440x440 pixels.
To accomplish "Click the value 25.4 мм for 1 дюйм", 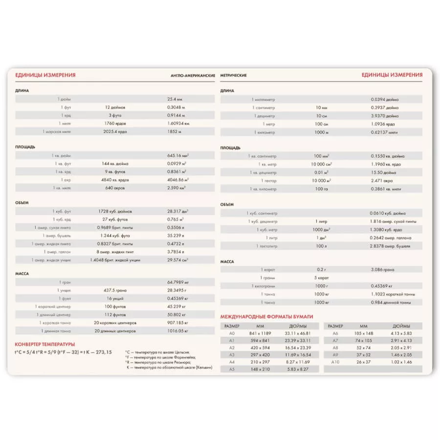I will [175, 99].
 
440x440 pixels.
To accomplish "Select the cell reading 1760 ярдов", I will [115, 123].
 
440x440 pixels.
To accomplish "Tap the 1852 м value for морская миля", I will [174, 132].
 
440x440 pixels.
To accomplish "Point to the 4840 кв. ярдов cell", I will [115, 179].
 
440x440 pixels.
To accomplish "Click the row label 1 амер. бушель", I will [59, 235].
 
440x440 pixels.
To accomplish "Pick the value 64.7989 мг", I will [178, 282].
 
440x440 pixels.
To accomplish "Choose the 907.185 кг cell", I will [177, 323].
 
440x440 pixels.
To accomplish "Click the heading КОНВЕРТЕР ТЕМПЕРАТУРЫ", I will [44, 344].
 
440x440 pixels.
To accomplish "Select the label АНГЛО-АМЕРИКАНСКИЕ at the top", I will [193, 75].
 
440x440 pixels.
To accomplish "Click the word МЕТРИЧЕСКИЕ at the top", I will [233, 75].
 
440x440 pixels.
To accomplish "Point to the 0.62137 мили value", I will [384, 132].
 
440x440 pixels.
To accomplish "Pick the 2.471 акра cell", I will [382, 180].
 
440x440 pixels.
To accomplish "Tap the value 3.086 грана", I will [383, 269].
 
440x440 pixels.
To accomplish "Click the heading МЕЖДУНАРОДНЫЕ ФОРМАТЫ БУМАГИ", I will [266, 316].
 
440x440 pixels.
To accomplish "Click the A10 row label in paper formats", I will [335, 362].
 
